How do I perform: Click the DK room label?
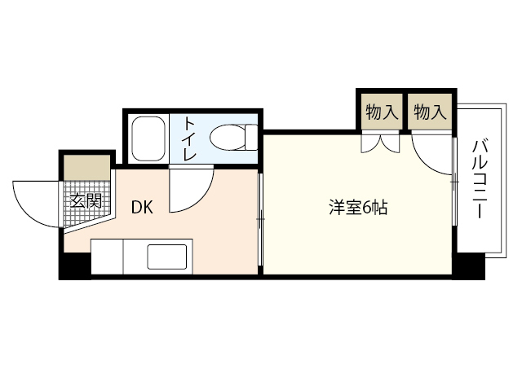(142, 207)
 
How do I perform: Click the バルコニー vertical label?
(479, 178)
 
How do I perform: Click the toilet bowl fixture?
(229, 137)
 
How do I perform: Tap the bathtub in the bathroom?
(148, 138)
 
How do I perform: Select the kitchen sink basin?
(168, 258)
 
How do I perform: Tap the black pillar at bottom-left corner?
(75, 266)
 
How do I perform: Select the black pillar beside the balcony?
(469, 266)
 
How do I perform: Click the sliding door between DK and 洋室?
(260, 217)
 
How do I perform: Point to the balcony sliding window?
(453, 187)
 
